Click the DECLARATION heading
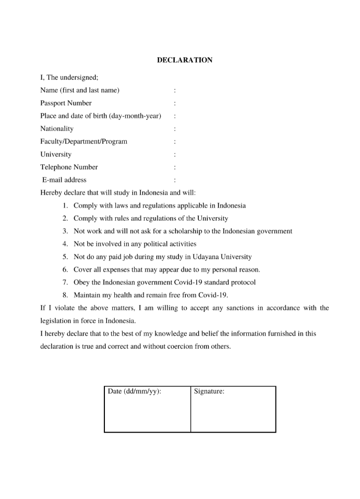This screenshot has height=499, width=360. point(185,60)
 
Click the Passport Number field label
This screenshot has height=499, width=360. point(66,103)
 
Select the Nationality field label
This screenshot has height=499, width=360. point(57,128)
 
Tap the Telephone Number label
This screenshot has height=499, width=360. point(69,167)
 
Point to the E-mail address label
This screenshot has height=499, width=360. point(65,180)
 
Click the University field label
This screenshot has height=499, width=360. point(56,155)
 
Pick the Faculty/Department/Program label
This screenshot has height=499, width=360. point(83,141)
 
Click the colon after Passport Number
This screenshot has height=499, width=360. point(174,103)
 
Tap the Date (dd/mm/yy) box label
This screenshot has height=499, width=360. point(134,391)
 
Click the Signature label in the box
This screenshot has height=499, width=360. point(209,391)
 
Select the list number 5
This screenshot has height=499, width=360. point(65,257)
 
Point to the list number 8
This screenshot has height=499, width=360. point(65,295)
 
